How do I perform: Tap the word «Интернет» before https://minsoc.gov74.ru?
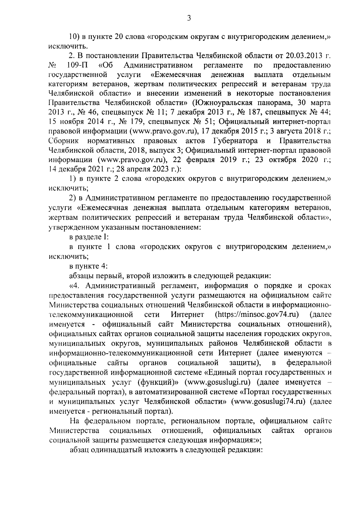click(x=188, y=314)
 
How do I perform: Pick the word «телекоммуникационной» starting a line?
click(x=91, y=314)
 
